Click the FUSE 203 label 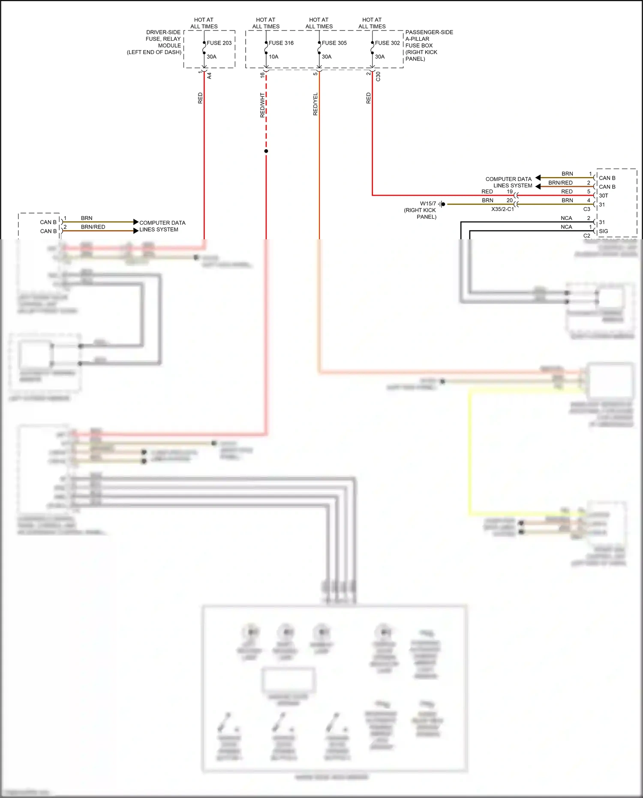click(219, 43)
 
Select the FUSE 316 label click(281, 43)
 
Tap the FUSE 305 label click(334, 43)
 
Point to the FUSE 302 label click(388, 43)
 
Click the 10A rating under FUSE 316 click(273, 57)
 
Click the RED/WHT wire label click(262, 105)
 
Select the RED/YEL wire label click(315, 104)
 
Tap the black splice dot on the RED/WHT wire click(266, 151)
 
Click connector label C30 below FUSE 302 click(378, 76)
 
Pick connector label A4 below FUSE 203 click(209, 75)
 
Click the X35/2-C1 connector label click(502, 209)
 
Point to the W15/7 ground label click(428, 204)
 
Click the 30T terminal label click(604, 196)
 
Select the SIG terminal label click(604, 231)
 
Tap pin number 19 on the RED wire click(510, 192)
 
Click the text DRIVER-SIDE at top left click(163, 32)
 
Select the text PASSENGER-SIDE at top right click(429, 32)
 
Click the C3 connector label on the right click(587, 209)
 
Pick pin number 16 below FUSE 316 click(262, 75)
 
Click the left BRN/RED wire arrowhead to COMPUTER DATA click(136, 231)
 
